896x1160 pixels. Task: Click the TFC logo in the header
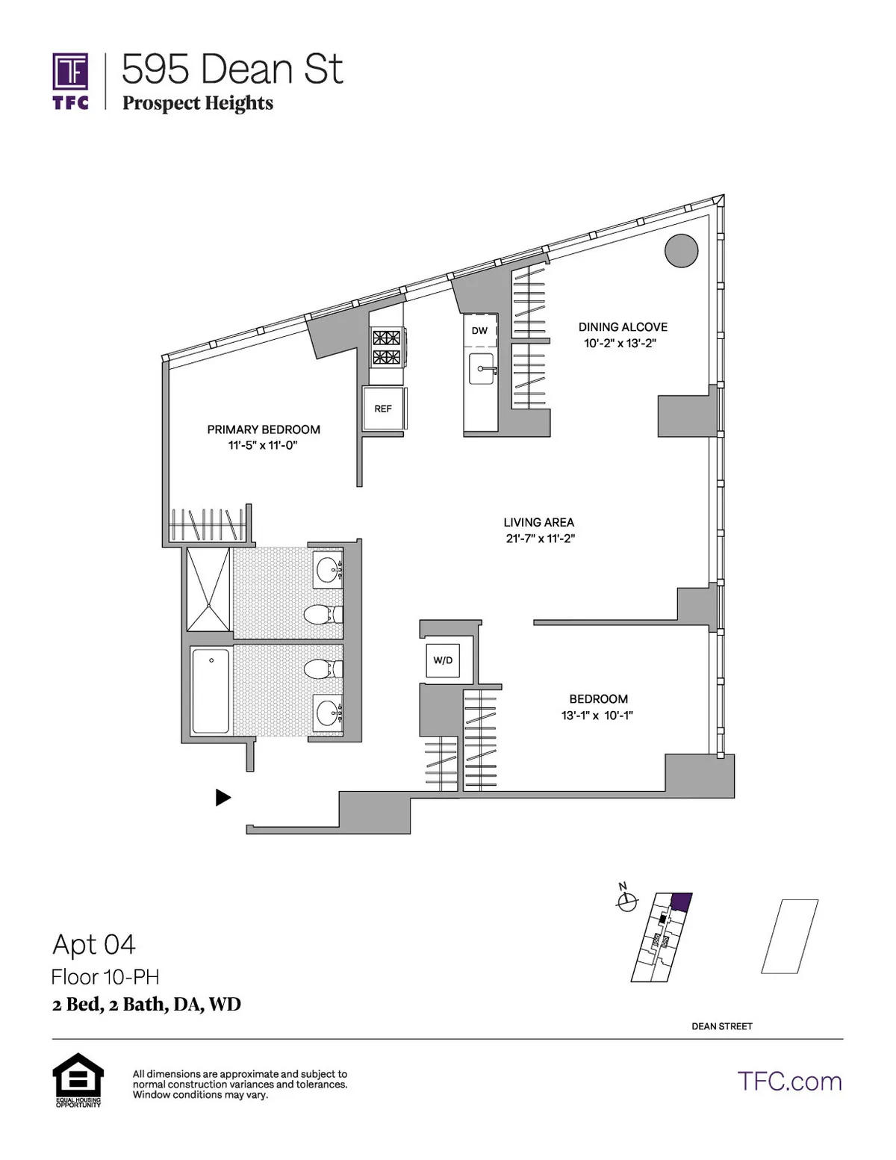[71, 81]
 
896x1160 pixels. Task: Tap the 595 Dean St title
[231, 69]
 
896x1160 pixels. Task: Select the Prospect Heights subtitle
[198, 103]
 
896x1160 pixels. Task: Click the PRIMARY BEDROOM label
[264, 429]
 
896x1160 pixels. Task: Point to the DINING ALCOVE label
[623, 327]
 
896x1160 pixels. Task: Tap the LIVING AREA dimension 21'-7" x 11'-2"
[539, 539]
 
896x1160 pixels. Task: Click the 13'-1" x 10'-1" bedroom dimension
[597, 716]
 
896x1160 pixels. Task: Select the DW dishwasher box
[479, 331]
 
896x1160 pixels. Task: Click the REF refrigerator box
[383, 409]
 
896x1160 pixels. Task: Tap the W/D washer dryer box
[443, 660]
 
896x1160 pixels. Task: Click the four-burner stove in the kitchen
[387, 347]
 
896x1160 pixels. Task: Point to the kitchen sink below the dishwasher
[481, 369]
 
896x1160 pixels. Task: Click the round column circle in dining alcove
[681, 250]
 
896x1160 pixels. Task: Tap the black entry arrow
[223, 798]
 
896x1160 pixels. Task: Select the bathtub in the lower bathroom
[211, 691]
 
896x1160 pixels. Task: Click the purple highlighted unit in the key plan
[681, 901]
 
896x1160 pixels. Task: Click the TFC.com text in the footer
[789, 1082]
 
